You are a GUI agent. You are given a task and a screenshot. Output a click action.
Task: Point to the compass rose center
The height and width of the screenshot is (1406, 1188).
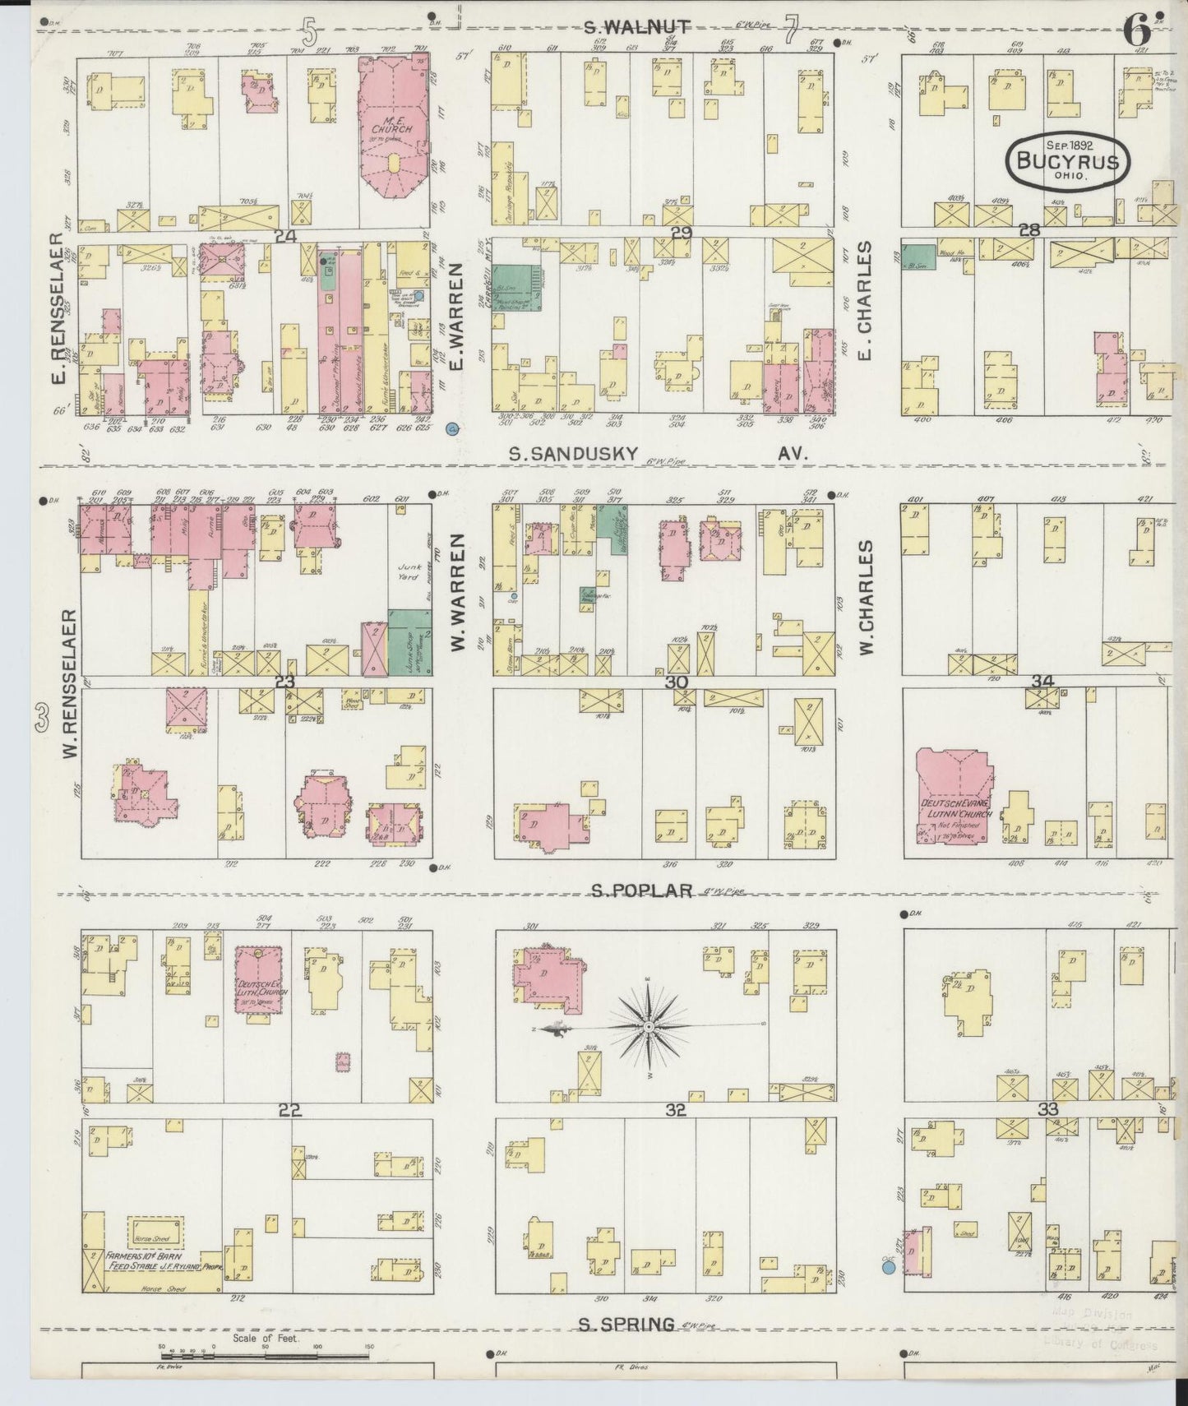pyautogui.click(x=649, y=1027)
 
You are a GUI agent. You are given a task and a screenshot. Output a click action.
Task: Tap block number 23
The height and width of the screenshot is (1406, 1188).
pyautogui.click(x=284, y=682)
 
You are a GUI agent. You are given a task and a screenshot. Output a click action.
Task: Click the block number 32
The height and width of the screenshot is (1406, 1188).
pyautogui.click(x=676, y=1110)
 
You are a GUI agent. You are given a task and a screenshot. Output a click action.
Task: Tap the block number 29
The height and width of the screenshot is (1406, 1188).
pyautogui.click(x=681, y=234)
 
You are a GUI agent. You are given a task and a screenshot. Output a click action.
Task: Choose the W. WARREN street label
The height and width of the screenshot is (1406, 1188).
pyautogui.click(x=458, y=592)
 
